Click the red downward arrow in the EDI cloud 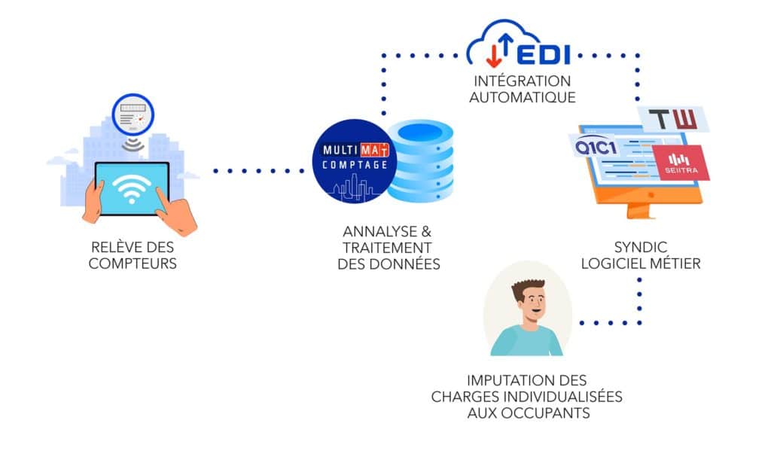point(493,55)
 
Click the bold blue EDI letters point(544,54)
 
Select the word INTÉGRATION point(523,81)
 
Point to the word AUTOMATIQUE point(523,97)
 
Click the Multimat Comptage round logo point(355,161)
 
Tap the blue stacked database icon point(420,161)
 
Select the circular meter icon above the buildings point(133,115)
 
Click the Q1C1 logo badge point(596,147)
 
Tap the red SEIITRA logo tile point(681,163)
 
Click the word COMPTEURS point(133,264)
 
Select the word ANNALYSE point(373,231)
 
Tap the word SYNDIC point(641,247)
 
